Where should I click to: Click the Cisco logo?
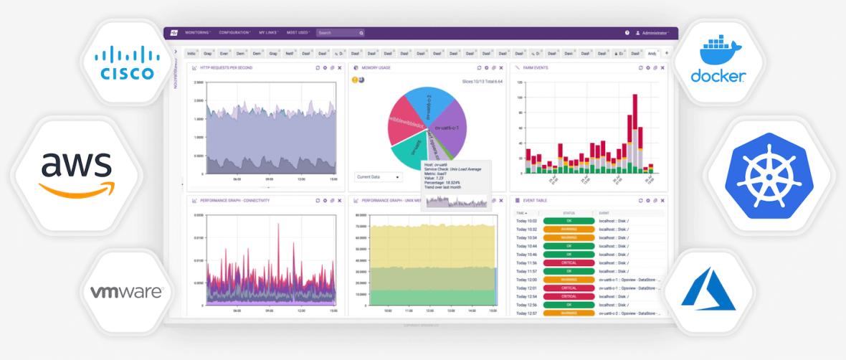(x=127, y=62)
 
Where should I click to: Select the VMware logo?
(x=127, y=292)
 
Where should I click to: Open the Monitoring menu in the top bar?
(x=197, y=33)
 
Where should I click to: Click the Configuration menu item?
(x=234, y=33)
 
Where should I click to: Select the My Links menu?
(x=268, y=33)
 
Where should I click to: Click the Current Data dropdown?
(x=378, y=176)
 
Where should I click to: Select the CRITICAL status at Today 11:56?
(x=569, y=263)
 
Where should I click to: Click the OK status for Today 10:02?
(x=569, y=221)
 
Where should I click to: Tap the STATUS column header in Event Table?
(x=569, y=213)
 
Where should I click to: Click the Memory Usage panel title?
(x=376, y=68)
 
